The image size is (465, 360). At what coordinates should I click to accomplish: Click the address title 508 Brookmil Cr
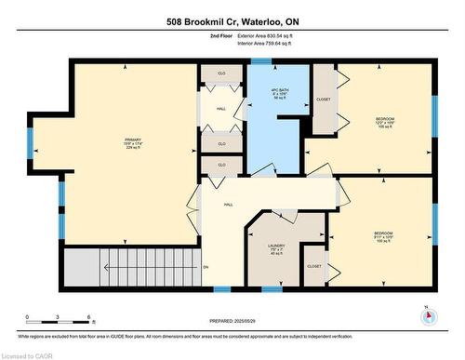pos(232,20)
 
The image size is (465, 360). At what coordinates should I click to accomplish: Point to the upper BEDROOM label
pos(384,119)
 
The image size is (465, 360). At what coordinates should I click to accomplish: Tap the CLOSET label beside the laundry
pos(314,266)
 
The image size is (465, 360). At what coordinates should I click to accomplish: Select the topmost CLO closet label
pos(221,72)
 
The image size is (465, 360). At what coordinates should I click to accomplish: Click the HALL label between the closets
pos(221,108)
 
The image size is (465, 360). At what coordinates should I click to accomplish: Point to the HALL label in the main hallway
pos(227,206)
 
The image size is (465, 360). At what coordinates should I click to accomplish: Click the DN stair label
pos(206,267)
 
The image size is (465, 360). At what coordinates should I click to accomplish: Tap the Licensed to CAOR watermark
pos(32,353)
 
